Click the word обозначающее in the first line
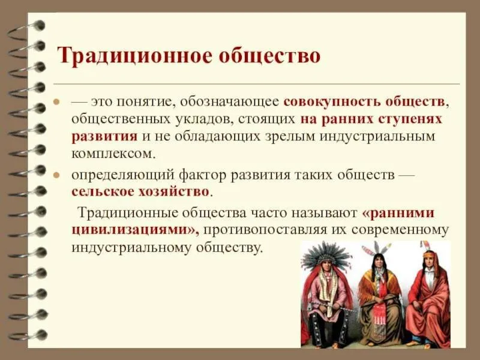pos(229,102)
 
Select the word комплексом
pos(112,154)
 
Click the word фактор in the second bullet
pos(202,175)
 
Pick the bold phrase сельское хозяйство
pos(140,192)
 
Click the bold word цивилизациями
pos(133,230)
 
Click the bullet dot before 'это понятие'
pos(56,101)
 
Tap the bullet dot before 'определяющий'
pos(56,175)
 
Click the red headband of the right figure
pos(430,254)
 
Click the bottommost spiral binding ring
pos(28,335)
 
